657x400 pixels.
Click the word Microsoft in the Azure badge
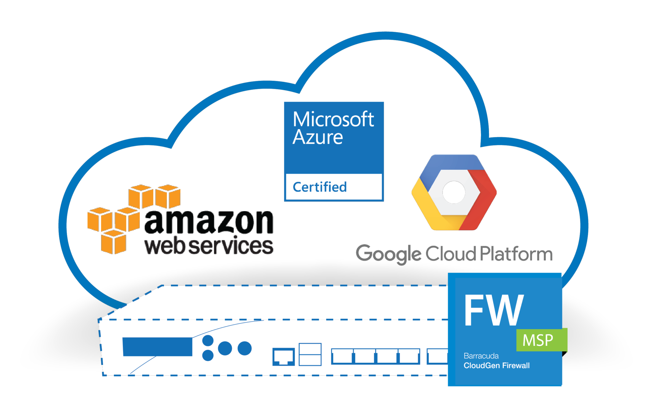coord(333,119)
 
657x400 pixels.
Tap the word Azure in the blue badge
coord(318,137)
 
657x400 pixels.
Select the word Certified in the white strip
coord(320,187)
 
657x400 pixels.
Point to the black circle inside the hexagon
coord(454,192)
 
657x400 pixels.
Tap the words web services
coord(209,246)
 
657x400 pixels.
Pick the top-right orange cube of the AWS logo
coord(168,196)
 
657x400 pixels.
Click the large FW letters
coord(494,310)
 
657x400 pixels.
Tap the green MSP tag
coord(541,340)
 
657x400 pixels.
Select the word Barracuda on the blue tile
coord(481,356)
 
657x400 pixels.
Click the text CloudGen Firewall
coord(497,365)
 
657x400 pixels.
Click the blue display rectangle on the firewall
coord(158,346)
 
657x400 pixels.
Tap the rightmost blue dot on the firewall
coord(244,348)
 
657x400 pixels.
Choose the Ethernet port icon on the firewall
coord(284,357)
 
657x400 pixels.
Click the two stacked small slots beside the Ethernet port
coord(310,354)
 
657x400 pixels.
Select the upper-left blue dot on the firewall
coord(208,340)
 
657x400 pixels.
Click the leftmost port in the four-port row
coord(342,356)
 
